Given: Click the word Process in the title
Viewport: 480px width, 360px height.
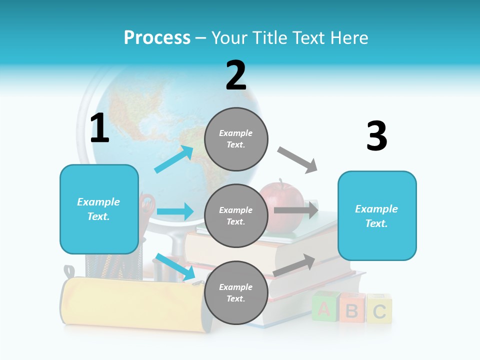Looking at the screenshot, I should pyautogui.click(x=157, y=37).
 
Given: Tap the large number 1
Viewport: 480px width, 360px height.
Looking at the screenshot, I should pyautogui.click(x=99, y=129).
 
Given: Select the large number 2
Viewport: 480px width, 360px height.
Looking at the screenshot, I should pyautogui.click(x=236, y=75).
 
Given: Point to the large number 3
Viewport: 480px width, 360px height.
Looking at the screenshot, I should pyautogui.click(x=376, y=136).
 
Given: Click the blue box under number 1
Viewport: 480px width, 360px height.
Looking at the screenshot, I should pyautogui.click(x=99, y=209).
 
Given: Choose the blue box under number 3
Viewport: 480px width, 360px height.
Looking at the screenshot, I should pyautogui.click(x=377, y=215).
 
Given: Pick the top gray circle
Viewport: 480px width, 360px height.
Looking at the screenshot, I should pyautogui.click(x=236, y=139).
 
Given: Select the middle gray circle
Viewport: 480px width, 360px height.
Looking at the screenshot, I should pyautogui.click(x=236, y=215).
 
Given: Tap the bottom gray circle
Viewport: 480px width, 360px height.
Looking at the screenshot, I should pyautogui.click(x=236, y=292).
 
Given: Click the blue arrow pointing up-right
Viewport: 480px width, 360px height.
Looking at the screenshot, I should pyautogui.click(x=174, y=159).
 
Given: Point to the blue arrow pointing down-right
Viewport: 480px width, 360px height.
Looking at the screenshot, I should pyautogui.click(x=175, y=266).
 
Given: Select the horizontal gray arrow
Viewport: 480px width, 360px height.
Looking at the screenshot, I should pyautogui.click(x=296, y=210).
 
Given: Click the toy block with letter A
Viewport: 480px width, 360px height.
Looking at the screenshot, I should pyautogui.click(x=324, y=308).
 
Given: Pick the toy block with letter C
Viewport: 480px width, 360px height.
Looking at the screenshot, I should pyautogui.click(x=379, y=309).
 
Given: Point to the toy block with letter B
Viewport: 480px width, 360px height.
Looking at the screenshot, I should pyautogui.click(x=351, y=309).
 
